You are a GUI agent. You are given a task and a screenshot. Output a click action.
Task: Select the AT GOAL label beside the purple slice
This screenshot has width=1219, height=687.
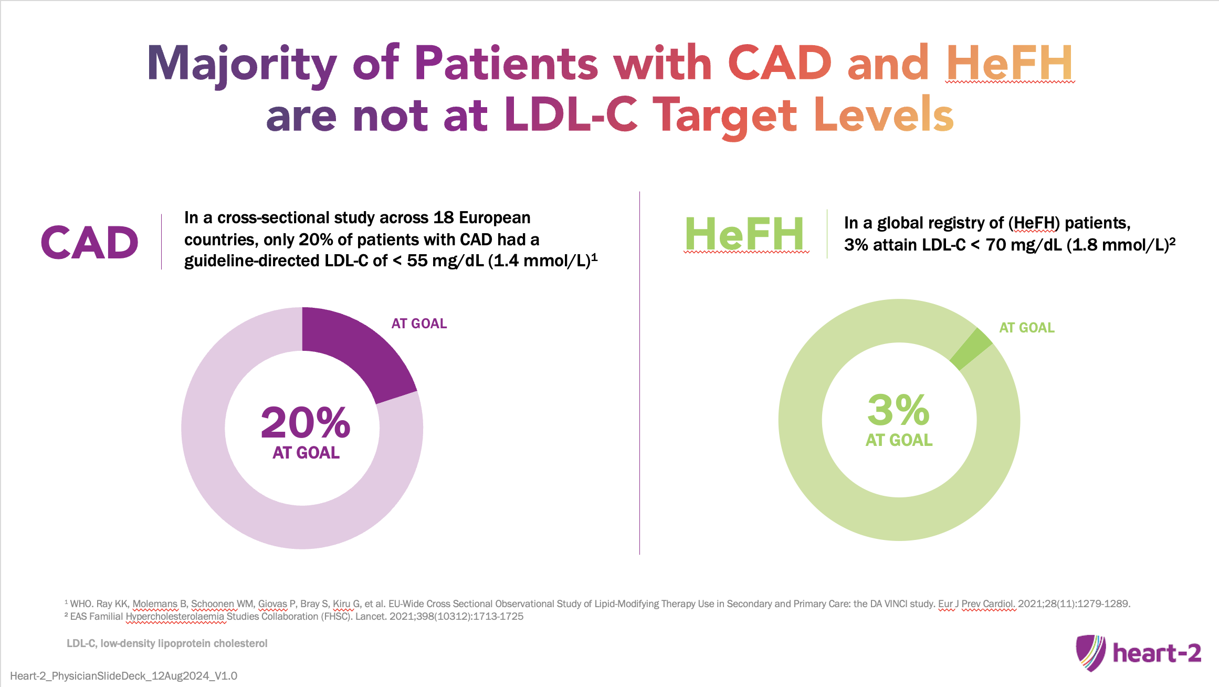pos(419,324)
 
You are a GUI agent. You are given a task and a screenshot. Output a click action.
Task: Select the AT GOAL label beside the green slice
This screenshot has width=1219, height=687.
pos(1027,328)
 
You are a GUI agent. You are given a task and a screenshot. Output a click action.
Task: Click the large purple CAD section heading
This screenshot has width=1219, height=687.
pos(90,243)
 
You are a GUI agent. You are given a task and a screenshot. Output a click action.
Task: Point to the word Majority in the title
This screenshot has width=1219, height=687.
pos(242,64)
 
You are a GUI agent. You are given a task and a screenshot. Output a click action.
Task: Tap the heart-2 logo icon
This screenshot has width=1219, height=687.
pos(1090,653)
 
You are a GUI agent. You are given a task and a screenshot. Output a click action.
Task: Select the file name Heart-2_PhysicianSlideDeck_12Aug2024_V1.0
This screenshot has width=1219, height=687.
pos(124,676)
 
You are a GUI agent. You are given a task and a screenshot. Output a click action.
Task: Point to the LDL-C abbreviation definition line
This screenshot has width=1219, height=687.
pos(167,643)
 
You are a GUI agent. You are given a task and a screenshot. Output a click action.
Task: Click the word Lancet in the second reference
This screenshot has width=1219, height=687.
pos(370,616)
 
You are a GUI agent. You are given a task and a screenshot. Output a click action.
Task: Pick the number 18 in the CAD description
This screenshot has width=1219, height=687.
pos(444,217)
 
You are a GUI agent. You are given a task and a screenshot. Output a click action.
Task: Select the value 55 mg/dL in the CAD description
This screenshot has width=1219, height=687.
pos(445,261)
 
